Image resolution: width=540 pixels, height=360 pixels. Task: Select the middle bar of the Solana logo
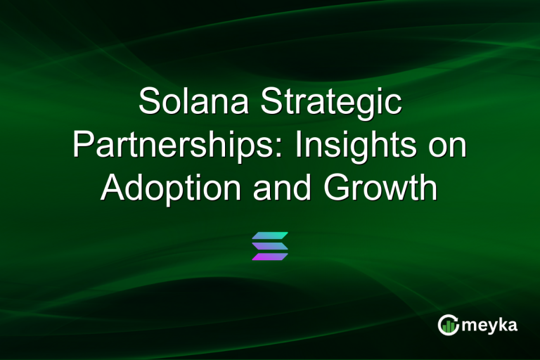[270, 245]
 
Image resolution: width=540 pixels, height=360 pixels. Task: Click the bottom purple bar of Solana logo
[270, 256]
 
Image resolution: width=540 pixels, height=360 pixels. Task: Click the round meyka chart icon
[449, 324]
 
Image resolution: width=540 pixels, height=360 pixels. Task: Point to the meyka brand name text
[491, 325]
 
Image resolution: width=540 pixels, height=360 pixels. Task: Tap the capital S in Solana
[150, 103]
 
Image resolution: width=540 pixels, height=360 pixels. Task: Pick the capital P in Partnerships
[84, 146]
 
